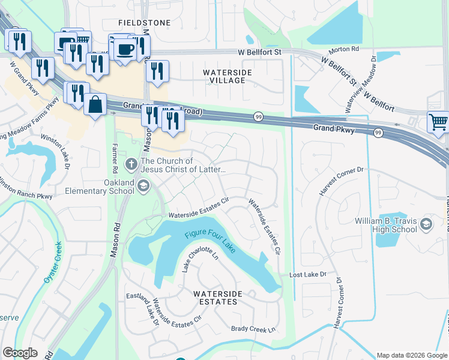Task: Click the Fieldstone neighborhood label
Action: [x=145, y=22]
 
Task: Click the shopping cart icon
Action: [x=438, y=122]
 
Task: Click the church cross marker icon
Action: [x=131, y=163]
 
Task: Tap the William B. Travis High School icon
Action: [x=426, y=224]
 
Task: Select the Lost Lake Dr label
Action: [x=307, y=274]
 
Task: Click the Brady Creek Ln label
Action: [x=253, y=329]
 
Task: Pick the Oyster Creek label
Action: [x=52, y=262]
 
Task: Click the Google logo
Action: [x=20, y=352]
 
